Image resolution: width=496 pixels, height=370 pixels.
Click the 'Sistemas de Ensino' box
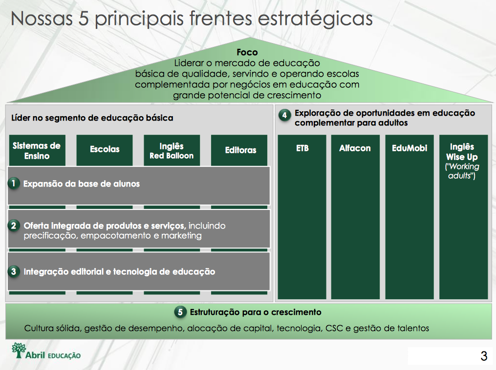click(x=37, y=150)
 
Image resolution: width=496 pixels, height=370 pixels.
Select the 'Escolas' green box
click(x=105, y=150)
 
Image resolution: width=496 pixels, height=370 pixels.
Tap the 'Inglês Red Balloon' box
click(x=172, y=150)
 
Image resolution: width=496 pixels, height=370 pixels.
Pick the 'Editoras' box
click(x=239, y=150)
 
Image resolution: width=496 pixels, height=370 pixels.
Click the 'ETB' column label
click(x=302, y=148)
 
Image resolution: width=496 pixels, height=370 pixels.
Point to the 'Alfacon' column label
click(x=355, y=148)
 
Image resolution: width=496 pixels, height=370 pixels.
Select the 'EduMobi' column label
click(x=410, y=148)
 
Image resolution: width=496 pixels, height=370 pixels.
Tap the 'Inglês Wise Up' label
click(x=462, y=152)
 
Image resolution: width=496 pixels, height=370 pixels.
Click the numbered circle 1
click(x=14, y=183)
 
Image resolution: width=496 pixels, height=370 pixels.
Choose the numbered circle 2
click(x=14, y=226)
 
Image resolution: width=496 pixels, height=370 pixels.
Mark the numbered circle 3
click(x=14, y=271)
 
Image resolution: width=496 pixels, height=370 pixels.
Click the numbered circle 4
click(x=285, y=115)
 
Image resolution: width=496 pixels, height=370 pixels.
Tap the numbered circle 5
click(x=180, y=312)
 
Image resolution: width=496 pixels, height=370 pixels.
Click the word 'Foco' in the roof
click(x=247, y=52)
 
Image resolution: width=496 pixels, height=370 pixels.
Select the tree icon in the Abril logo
click(x=19, y=350)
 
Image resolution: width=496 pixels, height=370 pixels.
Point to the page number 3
click(x=484, y=356)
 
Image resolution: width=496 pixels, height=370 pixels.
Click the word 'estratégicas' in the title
click(x=315, y=19)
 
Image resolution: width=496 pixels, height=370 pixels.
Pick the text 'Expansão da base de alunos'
click(x=82, y=184)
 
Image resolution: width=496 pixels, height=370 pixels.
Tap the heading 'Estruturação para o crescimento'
click(x=256, y=312)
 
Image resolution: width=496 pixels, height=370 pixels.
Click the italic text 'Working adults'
click(x=462, y=171)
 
